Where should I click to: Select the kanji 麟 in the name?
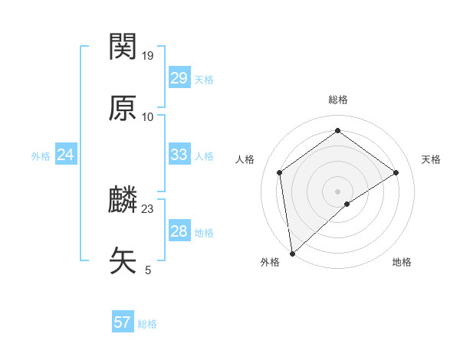tap(123, 201)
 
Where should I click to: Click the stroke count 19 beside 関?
tap(148, 55)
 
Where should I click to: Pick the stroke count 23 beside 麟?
tap(148, 208)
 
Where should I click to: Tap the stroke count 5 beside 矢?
tap(148, 270)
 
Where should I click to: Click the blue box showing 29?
tap(179, 78)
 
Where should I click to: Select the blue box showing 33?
tap(179, 155)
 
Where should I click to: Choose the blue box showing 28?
tap(179, 231)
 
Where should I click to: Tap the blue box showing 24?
tap(65, 155)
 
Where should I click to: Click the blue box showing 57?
tap(122, 322)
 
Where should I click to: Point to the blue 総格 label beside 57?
tap(147, 324)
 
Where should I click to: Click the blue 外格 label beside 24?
tap(41, 156)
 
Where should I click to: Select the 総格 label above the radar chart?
tap(338, 100)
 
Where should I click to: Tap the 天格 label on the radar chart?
tap(431, 159)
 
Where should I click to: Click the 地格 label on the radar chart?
tap(402, 262)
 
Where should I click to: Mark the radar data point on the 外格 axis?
tap(292, 253)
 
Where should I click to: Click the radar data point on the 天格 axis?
tap(396, 172)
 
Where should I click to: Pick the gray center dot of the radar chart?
tap(338, 191)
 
